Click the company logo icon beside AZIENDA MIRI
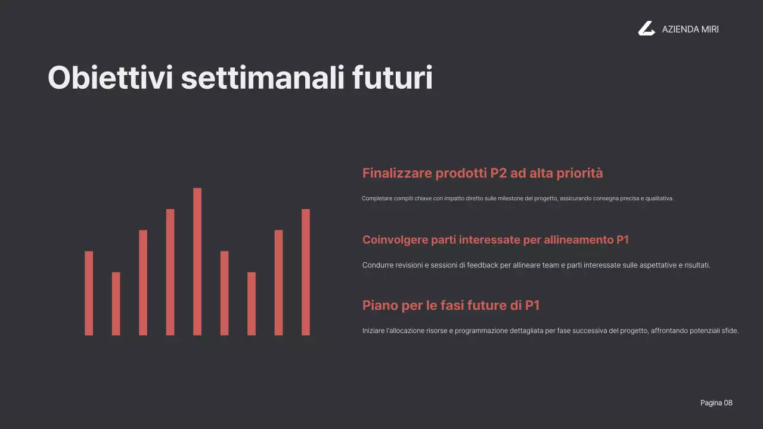point(646,29)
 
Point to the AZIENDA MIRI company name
point(690,29)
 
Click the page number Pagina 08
point(716,403)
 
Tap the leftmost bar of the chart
point(89,293)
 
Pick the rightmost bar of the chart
point(306,272)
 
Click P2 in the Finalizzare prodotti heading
point(498,173)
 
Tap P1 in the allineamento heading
point(622,240)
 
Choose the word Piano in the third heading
point(380,306)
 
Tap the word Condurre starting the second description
point(377,265)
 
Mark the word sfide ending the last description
point(730,331)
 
